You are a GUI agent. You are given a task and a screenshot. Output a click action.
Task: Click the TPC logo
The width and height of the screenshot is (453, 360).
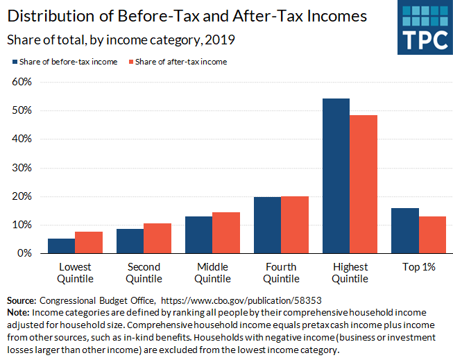424,28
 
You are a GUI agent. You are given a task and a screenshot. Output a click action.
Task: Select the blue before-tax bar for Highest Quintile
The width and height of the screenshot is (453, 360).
336,176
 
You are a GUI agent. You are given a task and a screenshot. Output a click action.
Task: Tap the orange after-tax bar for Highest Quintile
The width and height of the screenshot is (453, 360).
364,185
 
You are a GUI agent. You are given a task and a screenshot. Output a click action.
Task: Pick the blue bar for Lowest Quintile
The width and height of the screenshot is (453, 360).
61,246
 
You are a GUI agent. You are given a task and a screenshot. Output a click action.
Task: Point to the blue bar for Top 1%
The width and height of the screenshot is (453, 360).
404,231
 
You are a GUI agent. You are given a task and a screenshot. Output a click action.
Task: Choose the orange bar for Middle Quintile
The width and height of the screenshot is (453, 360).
226,233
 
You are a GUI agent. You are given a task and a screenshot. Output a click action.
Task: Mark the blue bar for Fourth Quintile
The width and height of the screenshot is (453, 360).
267,225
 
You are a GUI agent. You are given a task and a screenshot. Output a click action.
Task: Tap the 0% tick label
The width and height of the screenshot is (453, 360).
25,253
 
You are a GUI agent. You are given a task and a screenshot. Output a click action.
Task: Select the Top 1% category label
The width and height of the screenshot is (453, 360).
418,267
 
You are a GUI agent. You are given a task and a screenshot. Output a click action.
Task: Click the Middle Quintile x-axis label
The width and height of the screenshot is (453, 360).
212,273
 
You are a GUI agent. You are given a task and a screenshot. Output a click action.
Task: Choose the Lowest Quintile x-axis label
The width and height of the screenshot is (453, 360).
75,273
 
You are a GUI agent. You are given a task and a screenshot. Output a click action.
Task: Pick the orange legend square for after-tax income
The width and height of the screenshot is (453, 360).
130,62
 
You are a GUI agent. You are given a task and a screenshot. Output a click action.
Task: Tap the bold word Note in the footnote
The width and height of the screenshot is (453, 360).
18,313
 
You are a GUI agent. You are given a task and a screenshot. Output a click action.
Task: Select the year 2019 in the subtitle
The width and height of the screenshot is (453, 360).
220,40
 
